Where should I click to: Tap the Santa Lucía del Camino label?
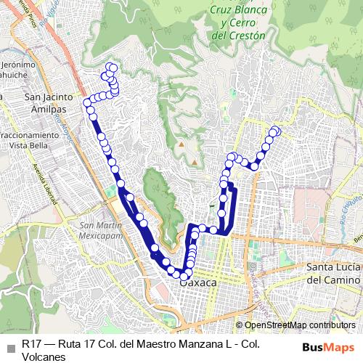[x=333, y=274]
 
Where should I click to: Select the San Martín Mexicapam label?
[x=102, y=230]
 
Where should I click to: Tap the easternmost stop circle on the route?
[x=276, y=131]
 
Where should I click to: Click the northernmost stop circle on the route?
[x=112, y=67]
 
